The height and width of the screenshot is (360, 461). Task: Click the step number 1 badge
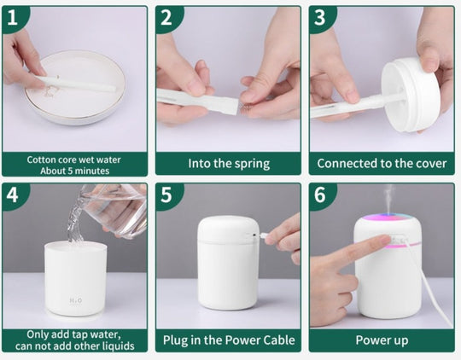click(12, 17)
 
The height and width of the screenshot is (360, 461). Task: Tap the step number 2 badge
click(166, 17)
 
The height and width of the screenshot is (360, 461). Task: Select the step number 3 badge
click(320, 17)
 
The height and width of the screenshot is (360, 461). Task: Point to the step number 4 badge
click(12, 195)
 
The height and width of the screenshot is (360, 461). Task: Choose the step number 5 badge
click(166, 195)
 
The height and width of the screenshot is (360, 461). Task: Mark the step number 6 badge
click(320, 195)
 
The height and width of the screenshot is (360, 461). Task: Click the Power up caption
click(382, 340)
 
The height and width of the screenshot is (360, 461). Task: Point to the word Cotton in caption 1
click(42, 160)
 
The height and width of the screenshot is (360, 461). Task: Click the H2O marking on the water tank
click(76, 300)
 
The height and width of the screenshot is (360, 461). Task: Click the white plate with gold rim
click(75, 87)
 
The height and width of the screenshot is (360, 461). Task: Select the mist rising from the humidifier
click(389, 199)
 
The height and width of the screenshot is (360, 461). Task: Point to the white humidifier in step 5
click(228, 263)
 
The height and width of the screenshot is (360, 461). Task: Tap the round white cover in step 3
click(411, 95)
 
